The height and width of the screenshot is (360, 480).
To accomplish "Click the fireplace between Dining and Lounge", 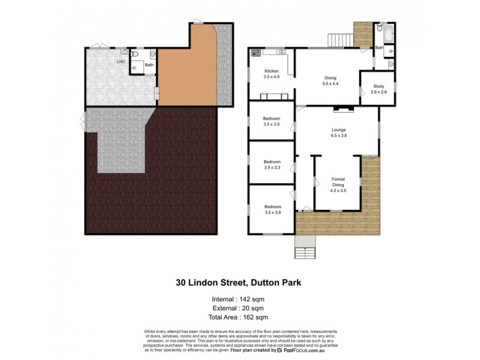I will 343,109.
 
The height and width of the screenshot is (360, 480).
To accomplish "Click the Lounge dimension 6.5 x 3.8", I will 339,136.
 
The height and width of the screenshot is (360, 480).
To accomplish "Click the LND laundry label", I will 121,61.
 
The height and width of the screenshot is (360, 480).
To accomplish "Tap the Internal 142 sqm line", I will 239,298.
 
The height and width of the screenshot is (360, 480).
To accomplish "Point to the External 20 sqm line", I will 239,307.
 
